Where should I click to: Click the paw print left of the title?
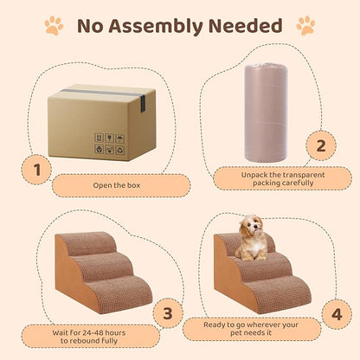coord(54,26)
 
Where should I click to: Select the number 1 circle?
coord(37,170)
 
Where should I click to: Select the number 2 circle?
coord(320,145)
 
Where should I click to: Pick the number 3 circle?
coord(169,312)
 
